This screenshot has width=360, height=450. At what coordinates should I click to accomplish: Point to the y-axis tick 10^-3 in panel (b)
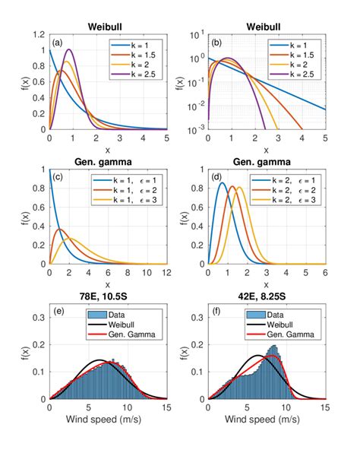[x=196, y=129]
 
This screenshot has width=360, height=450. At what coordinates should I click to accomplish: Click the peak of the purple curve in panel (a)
[x=69, y=49]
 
